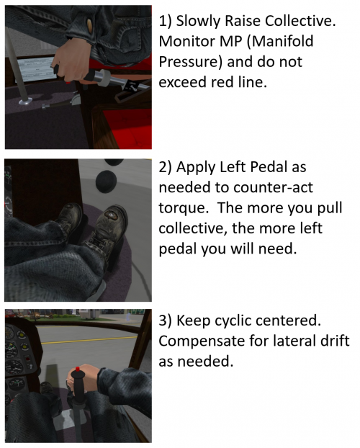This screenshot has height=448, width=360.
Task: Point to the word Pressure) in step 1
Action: point(194,63)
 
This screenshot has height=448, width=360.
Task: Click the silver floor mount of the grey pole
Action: point(27,106)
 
